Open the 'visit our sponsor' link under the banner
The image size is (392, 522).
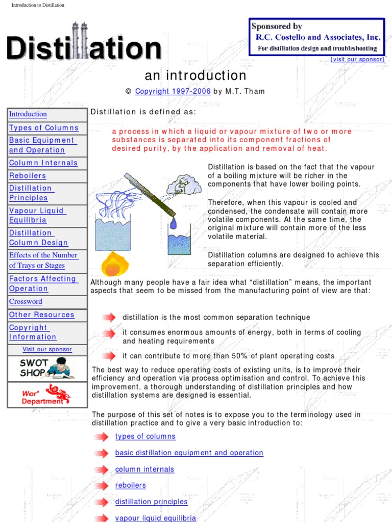coord(357,59)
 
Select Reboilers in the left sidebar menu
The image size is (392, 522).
coord(28,176)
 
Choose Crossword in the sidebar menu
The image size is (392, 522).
coord(26,301)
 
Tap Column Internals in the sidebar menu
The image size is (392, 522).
coord(43,163)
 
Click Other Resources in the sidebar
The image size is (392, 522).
coord(42,315)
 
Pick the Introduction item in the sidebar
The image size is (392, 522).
coord(28,114)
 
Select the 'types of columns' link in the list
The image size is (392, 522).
coord(145,436)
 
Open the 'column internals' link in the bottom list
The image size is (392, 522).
coord(144,469)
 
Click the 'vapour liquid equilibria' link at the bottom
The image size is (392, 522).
coord(156,518)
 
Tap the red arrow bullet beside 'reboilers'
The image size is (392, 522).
coord(101,486)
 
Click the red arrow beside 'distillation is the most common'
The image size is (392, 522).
coord(108,318)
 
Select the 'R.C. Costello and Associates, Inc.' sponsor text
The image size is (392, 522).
coord(317,37)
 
